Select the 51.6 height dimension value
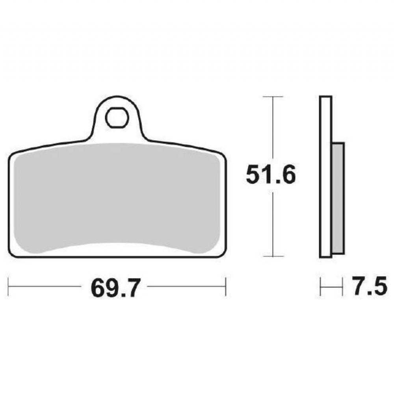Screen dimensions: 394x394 point(271,175)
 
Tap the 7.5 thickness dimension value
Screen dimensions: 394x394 point(369,286)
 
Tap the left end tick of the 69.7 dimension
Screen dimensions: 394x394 point(9,286)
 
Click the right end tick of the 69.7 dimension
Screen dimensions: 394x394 point(226,286)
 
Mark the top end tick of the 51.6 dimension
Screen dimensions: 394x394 point(273,97)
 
